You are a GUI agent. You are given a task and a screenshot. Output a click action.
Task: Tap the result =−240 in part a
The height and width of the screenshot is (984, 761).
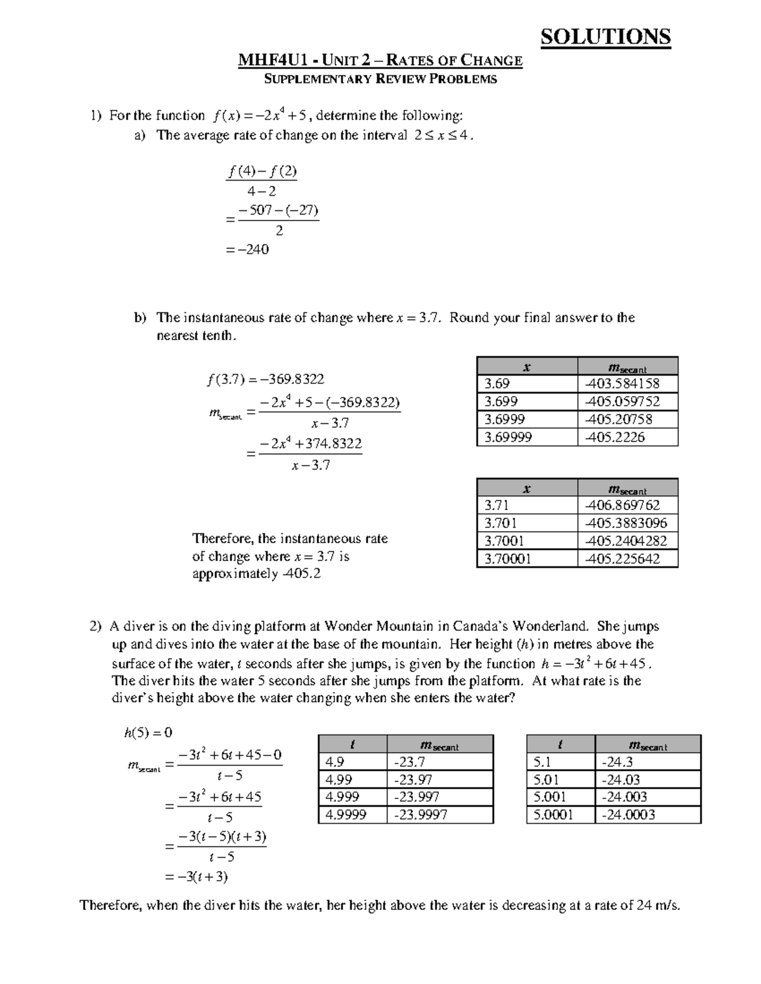[247, 250]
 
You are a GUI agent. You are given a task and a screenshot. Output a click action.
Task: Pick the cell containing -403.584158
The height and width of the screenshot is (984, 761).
[627, 383]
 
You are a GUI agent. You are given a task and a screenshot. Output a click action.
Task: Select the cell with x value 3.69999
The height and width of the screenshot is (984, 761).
[526, 437]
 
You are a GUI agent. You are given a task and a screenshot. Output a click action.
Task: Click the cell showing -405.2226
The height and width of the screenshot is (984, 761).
[627, 437]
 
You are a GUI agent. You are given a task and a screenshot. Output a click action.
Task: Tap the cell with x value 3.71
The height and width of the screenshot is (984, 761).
[526, 505]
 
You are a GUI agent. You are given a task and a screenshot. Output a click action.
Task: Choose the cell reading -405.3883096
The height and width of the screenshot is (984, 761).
[627, 523]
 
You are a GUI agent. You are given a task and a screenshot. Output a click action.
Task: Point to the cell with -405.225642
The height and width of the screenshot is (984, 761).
[627, 558]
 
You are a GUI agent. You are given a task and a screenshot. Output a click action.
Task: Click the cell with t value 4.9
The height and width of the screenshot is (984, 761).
[352, 762]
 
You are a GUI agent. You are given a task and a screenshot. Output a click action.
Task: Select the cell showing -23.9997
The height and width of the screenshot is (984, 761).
[439, 815]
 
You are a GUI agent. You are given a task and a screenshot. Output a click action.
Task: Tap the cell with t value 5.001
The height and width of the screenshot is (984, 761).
[560, 797]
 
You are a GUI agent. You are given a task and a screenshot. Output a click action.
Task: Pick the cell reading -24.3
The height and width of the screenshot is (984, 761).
[647, 762]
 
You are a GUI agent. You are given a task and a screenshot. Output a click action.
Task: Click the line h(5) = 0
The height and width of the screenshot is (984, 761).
[148, 732]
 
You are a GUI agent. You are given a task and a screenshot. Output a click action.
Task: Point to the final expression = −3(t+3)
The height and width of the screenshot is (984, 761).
[197, 877]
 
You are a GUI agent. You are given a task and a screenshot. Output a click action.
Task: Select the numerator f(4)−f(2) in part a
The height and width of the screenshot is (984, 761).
[262, 172]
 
